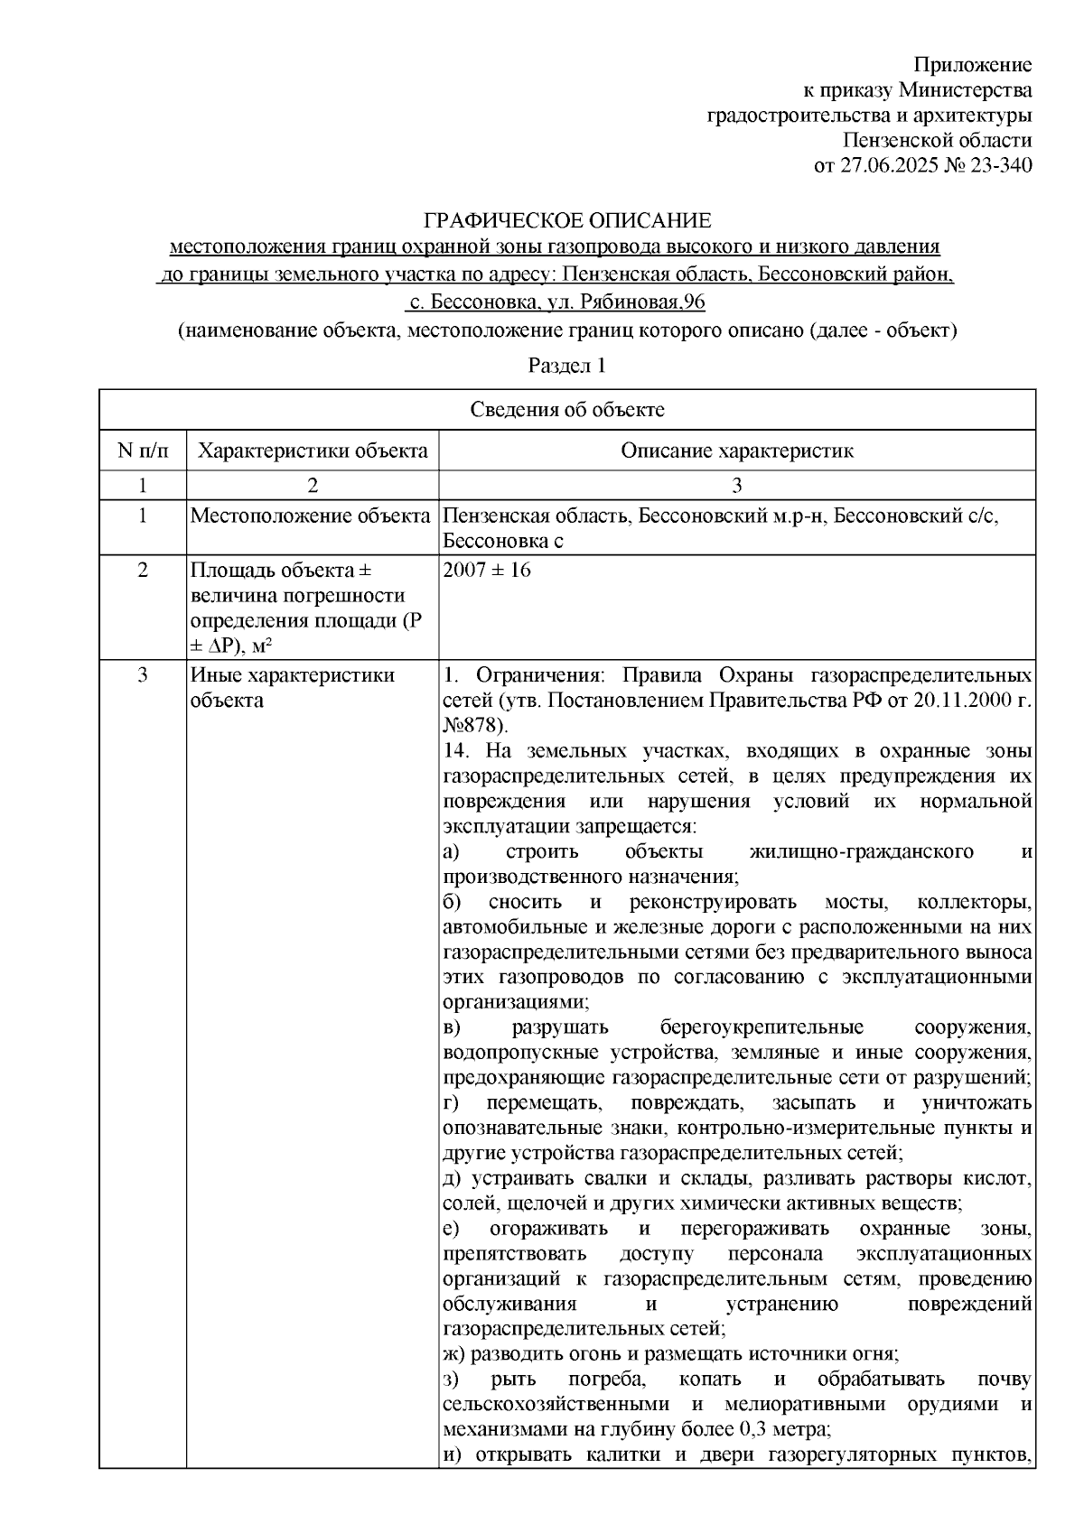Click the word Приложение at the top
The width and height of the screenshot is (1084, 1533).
[973, 65]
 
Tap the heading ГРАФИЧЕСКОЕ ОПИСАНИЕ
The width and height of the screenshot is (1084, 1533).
[568, 221]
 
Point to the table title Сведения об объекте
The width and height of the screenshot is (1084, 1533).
[567, 410]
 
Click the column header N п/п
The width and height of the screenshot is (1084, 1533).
[142, 451]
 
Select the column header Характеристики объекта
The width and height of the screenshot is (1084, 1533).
[313, 451]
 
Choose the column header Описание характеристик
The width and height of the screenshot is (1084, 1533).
[736, 451]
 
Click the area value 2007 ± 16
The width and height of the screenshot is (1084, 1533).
[487, 571]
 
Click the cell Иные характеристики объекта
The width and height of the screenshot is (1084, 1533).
[292, 687]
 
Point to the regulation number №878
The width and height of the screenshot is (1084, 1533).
[474, 726]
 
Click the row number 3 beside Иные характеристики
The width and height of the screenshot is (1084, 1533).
[142, 675]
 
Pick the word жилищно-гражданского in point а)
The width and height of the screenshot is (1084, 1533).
[861, 851]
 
